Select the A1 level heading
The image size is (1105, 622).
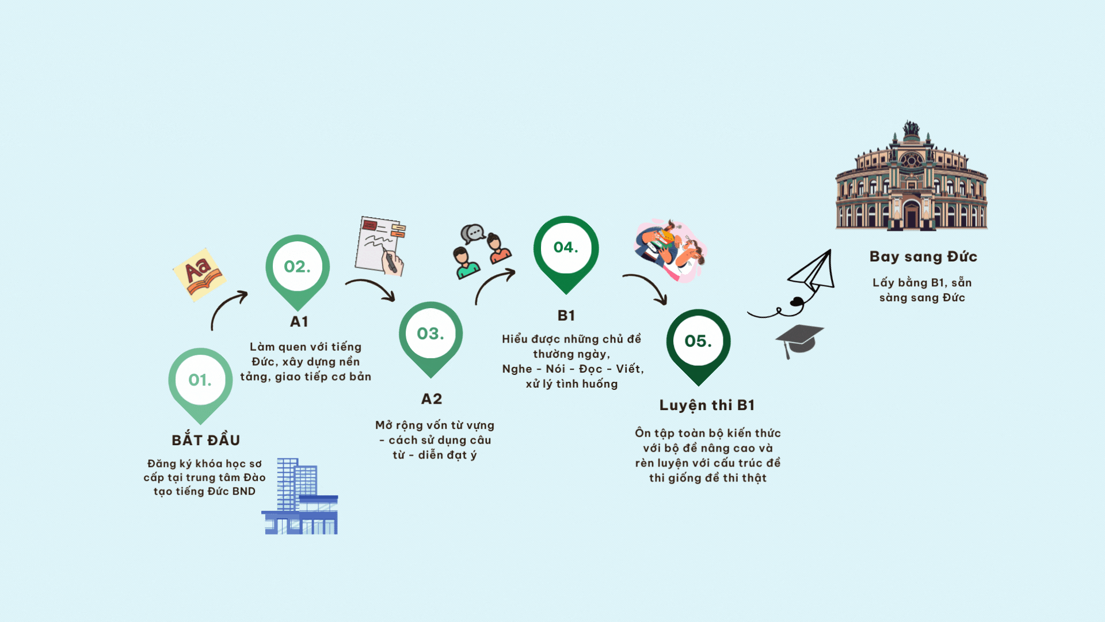[299, 321]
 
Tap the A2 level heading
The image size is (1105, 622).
[432, 399]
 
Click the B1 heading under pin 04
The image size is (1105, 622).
[566, 315]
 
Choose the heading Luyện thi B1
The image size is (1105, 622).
[707, 405]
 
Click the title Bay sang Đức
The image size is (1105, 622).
[923, 257]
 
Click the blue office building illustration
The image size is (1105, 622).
[300, 496]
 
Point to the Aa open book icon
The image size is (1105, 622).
[200, 275]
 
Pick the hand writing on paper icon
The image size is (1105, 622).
[380, 246]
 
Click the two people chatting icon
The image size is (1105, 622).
[482, 252]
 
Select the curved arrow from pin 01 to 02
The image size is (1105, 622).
[224, 304]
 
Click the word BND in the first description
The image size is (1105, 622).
[244, 491]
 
